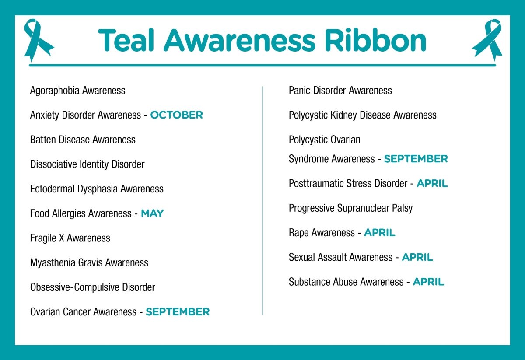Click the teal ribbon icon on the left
(38, 40)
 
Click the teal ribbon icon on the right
(487, 40)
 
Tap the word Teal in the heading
(127, 41)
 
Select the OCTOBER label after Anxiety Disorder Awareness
(176, 115)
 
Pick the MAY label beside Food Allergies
(152, 213)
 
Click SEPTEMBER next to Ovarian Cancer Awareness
(178, 312)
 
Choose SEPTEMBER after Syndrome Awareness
(416, 159)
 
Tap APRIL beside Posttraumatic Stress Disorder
(432, 184)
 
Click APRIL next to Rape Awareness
(379, 233)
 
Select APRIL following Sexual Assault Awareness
(417, 257)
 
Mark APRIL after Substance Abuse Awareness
(428, 282)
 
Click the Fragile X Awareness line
(70, 238)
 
